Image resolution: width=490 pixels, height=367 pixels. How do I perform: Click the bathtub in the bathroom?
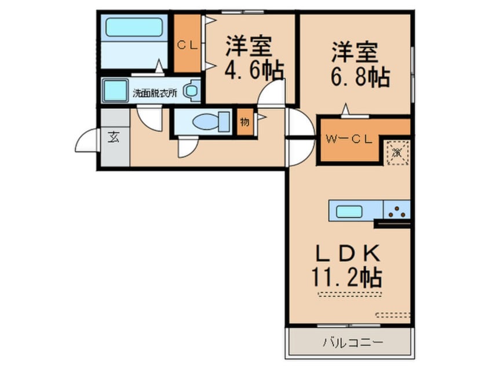[x=133, y=27]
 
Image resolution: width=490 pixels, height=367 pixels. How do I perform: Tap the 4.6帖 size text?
[x=254, y=71]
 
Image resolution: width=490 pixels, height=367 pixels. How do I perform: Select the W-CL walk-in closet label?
[x=346, y=140]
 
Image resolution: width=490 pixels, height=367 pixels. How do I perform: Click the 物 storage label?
[x=244, y=122]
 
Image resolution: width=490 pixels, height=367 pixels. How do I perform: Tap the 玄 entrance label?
[x=113, y=137]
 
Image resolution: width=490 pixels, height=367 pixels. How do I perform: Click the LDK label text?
[x=346, y=253]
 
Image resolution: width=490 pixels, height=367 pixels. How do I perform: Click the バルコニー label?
[x=352, y=342]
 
